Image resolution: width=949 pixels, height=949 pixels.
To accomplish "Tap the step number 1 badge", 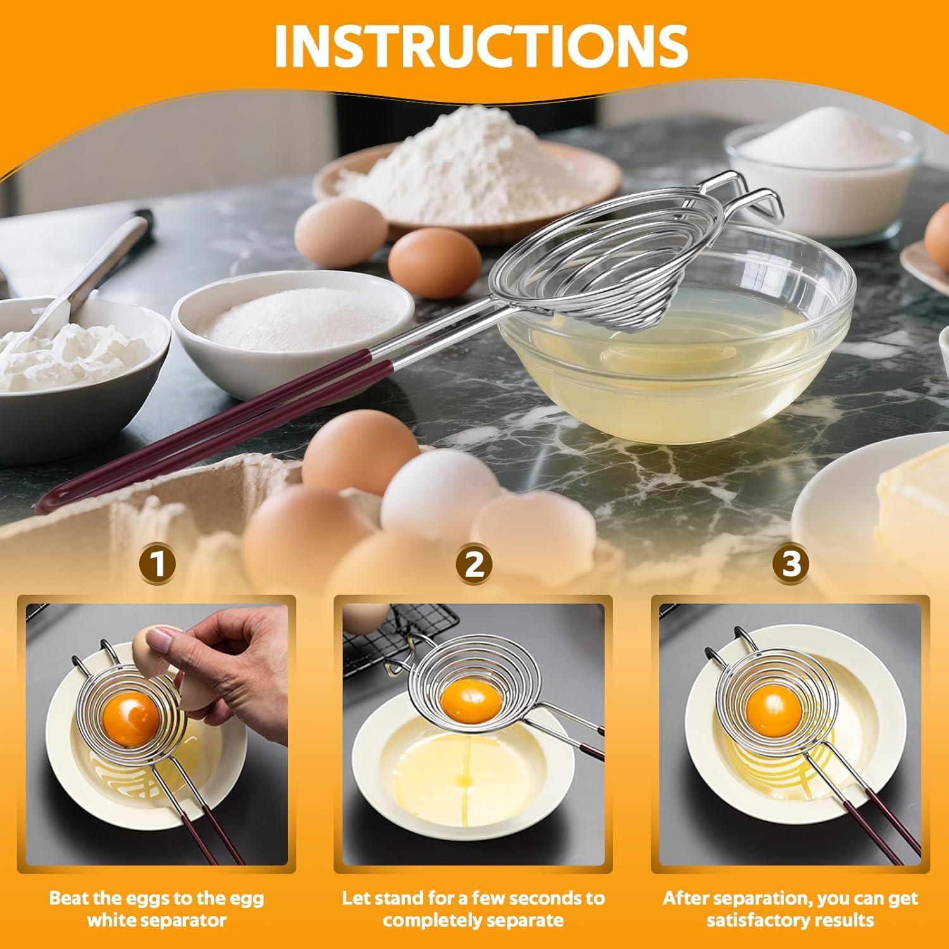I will [x=159, y=564].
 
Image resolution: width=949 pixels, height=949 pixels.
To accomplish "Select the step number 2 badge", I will [x=475, y=564].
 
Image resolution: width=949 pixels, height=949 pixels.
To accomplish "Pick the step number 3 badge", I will [x=791, y=564].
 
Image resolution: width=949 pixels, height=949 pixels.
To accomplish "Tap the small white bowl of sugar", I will [x=285, y=323].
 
